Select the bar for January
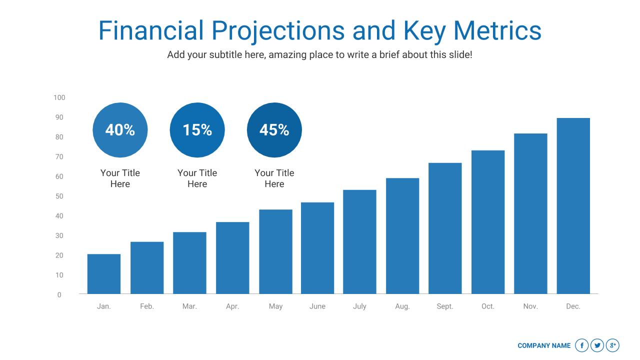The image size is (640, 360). (x=104, y=274)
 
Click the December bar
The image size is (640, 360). (x=573, y=206)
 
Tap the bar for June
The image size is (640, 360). (x=317, y=248)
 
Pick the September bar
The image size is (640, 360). (x=445, y=228)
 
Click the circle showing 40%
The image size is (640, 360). (x=120, y=130)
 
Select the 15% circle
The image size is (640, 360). (x=197, y=130)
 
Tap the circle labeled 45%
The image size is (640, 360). (x=274, y=130)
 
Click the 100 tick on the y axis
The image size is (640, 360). (x=59, y=97)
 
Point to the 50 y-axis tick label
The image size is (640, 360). (x=59, y=196)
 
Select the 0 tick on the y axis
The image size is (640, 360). (x=59, y=295)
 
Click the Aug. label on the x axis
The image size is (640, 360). (x=402, y=306)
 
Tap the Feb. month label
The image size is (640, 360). (x=147, y=306)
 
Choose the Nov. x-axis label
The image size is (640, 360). (x=530, y=306)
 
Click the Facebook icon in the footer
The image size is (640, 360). (x=582, y=345)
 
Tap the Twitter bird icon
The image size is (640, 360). (x=597, y=345)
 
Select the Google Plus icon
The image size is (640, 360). (x=612, y=345)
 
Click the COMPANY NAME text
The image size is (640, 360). (x=544, y=345)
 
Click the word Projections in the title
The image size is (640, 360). (x=278, y=31)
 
